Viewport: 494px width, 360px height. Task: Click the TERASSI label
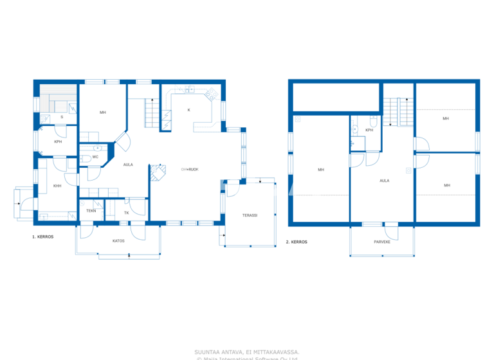point(250,215)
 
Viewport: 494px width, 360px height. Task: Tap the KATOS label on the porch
point(118,240)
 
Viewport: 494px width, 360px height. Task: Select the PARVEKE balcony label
point(383,242)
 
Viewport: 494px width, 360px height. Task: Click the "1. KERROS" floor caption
point(42,237)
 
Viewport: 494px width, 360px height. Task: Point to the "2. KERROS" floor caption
point(297,242)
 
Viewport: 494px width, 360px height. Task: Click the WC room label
point(95,157)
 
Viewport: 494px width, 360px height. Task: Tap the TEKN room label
point(91,211)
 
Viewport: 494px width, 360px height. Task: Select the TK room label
point(126,212)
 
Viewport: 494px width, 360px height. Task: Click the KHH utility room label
point(57,186)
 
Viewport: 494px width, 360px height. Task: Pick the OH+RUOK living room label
point(189,169)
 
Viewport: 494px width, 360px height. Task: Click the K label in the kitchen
point(188,110)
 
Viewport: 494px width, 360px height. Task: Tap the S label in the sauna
point(62,117)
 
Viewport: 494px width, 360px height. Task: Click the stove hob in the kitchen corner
point(210,96)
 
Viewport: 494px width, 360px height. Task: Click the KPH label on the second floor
point(369,130)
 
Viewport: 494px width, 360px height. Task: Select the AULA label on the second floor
point(384,181)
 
